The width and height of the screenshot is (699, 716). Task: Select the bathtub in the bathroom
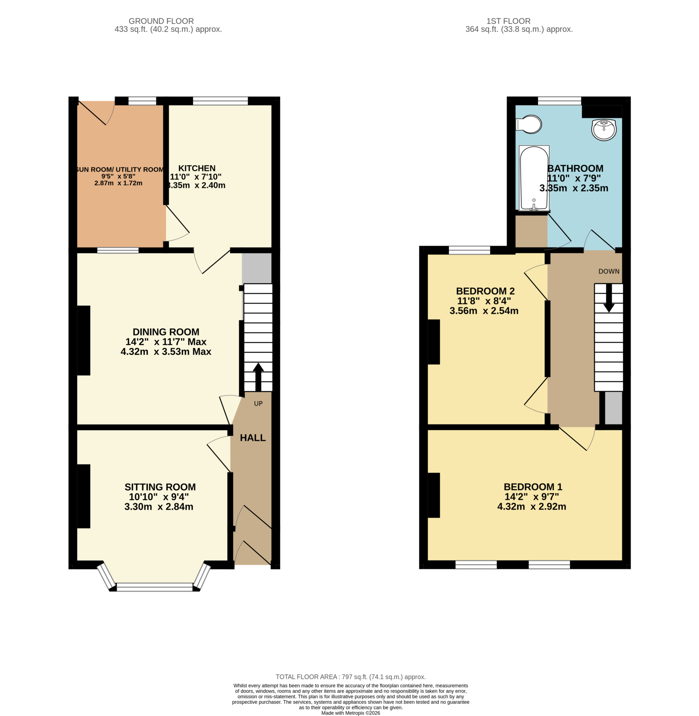click(534, 178)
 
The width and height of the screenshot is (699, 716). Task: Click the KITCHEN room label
click(197, 168)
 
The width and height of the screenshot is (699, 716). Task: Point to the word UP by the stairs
click(258, 403)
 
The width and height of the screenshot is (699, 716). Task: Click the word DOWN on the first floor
click(609, 271)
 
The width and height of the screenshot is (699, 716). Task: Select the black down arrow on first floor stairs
click(609, 298)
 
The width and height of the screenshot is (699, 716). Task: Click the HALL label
click(253, 438)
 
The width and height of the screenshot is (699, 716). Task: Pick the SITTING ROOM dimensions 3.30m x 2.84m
click(159, 507)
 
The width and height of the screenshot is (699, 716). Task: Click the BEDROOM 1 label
click(533, 487)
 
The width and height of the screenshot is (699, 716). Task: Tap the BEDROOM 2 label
click(485, 291)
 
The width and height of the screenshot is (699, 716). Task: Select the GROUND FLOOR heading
click(161, 21)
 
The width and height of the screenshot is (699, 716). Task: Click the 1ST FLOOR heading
click(508, 21)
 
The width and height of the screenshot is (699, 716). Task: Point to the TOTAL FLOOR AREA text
click(350, 677)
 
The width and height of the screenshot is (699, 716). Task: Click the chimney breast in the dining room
click(84, 341)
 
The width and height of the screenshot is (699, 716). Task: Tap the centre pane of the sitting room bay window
click(154, 587)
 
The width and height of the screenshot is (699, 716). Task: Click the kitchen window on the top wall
click(220, 101)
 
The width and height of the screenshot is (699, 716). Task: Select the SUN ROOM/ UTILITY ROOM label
click(120, 170)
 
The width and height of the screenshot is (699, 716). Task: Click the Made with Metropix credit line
click(350, 713)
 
